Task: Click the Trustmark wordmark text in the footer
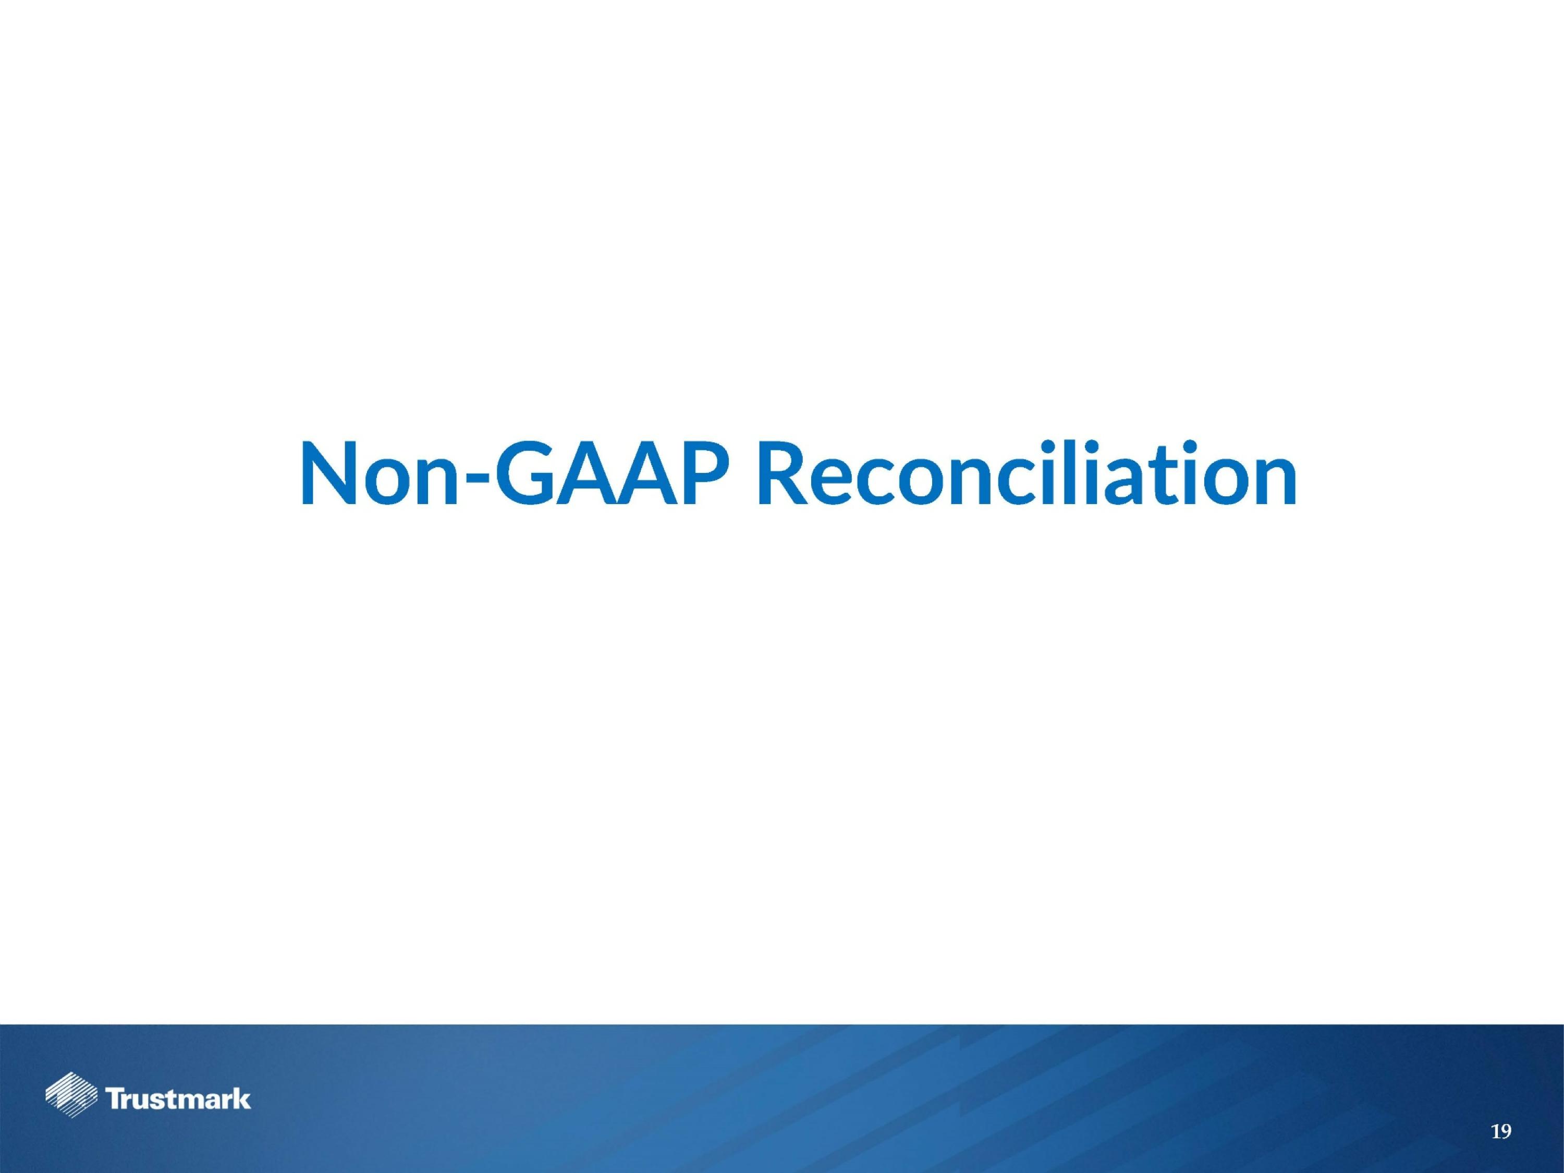click(178, 1099)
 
